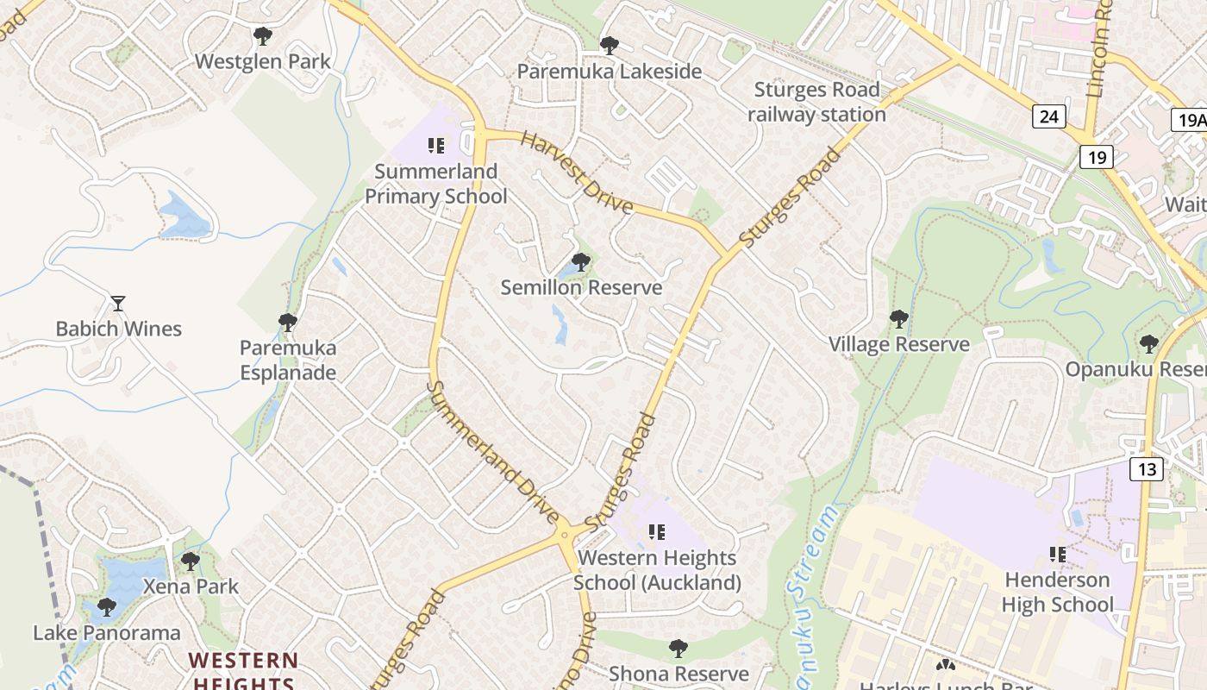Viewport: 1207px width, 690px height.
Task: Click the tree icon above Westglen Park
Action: tap(263, 36)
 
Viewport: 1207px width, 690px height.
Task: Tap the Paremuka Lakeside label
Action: tap(610, 72)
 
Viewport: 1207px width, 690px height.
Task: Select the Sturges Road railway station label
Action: tap(816, 102)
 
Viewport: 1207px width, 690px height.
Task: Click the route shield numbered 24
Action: tap(1048, 116)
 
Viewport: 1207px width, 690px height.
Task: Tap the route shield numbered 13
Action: tap(1147, 469)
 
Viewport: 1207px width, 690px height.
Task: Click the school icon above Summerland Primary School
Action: tap(436, 146)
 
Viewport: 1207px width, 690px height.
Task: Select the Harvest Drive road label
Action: tap(578, 173)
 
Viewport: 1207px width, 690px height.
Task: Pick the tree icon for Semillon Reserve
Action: tap(581, 261)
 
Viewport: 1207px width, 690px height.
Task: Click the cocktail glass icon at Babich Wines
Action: tap(118, 304)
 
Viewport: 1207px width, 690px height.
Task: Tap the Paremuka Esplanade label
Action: tap(288, 361)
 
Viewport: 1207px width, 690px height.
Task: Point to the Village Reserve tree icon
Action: tap(898, 319)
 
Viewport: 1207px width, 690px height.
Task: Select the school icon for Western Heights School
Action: tap(657, 532)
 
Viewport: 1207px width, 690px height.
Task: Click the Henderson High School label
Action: tap(1057, 592)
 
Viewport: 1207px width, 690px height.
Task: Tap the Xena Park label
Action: tap(191, 586)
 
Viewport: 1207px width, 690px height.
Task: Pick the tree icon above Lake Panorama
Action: tap(107, 607)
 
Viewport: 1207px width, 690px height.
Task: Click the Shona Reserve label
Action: tap(679, 674)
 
